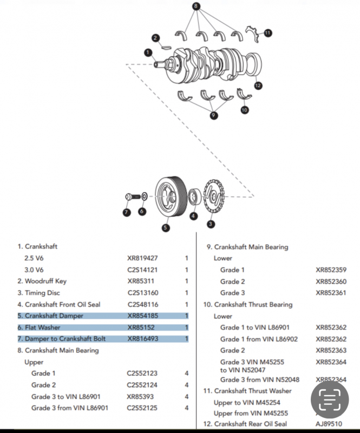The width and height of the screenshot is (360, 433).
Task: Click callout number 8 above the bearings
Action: click(x=196, y=6)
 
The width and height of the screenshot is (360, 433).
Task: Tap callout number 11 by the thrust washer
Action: click(x=269, y=33)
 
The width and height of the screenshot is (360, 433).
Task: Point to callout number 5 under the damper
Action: click(x=166, y=228)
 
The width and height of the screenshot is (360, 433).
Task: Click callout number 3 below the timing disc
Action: click(x=211, y=223)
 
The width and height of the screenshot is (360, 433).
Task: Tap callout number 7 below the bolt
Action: click(x=126, y=212)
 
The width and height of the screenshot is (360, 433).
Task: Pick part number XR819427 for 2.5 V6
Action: click(x=142, y=258)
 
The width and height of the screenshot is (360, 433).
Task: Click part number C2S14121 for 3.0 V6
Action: click(x=142, y=270)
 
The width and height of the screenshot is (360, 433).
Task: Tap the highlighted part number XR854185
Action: click(x=142, y=316)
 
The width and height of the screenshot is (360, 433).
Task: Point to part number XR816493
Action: click(x=142, y=339)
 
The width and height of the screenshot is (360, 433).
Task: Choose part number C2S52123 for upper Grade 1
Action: click(x=142, y=373)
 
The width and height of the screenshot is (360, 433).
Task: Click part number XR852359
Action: click(x=331, y=270)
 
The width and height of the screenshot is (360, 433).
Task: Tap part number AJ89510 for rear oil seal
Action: click(x=329, y=424)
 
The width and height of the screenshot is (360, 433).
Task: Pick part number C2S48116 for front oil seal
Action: click(x=142, y=304)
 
